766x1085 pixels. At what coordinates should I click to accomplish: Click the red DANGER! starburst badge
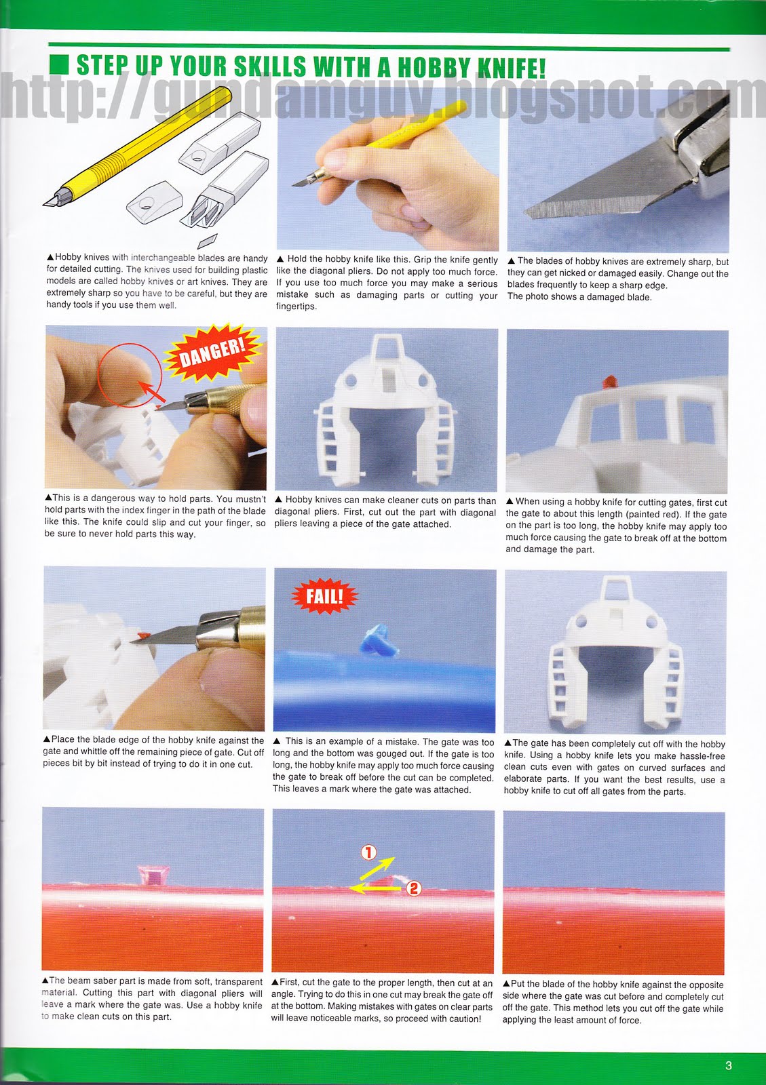(x=213, y=353)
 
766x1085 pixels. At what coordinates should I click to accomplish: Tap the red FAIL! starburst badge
(x=324, y=595)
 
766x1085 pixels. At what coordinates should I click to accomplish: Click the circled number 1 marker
(x=368, y=852)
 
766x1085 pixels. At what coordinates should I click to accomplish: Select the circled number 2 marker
(x=413, y=888)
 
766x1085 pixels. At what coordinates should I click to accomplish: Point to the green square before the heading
(x=59, y=64)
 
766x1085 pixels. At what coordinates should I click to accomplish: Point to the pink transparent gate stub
(x=153, y=873)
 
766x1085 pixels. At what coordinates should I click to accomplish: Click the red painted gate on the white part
(x=609, y=381)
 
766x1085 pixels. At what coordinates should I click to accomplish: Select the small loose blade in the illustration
(x=207, y=240)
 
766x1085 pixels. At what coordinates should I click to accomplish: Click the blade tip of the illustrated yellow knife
(x=45, y=204)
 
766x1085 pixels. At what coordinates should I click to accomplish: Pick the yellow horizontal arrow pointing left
(x=375, y=888)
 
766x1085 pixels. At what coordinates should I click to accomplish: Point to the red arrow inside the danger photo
(x=151, y=391)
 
